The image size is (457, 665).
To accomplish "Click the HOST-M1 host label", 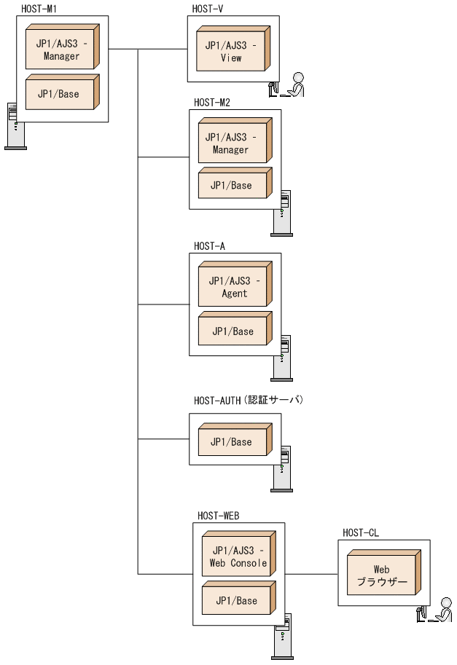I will tap(39, 9).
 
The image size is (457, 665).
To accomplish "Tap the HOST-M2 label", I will tap(211, 102).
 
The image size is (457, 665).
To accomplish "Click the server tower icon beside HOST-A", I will tap(281, 358).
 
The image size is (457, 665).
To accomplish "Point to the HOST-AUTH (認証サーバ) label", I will tap(248, 401).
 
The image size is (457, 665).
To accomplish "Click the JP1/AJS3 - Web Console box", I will tap(237, 556).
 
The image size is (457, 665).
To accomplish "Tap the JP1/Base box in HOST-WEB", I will tap(237, 600).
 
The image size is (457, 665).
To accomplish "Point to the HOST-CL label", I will tap(361, 533).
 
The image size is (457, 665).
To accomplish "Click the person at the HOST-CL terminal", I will tap(442, 610).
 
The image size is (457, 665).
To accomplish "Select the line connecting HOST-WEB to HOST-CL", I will tap(311, 574).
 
